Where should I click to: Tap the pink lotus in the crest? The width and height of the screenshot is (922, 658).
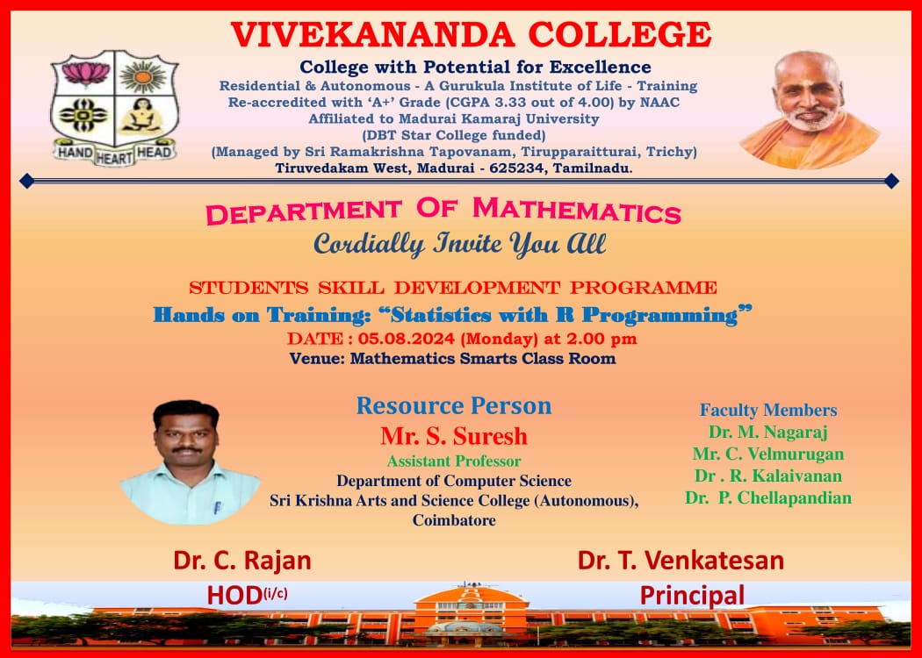(86, 74)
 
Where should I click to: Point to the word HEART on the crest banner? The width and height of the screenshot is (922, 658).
(114, 157)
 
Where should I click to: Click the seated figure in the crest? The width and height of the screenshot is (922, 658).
(141, 115)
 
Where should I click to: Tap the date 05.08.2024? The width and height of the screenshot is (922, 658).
(407, 339)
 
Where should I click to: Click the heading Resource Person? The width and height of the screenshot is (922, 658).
(454, 406)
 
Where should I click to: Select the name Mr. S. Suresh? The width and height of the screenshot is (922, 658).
(454, 437)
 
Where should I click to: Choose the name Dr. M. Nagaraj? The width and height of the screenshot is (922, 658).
(768, 433)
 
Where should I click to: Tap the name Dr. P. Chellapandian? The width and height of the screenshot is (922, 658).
(768, 498)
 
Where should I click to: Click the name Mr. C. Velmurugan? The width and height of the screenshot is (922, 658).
(768, 454)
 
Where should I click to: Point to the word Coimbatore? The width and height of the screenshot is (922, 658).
(454, 520)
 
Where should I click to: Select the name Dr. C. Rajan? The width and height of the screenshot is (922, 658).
(242, 561)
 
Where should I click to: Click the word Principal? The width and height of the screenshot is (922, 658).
(692, 595)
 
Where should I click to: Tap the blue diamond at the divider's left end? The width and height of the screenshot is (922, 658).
(26, 181)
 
